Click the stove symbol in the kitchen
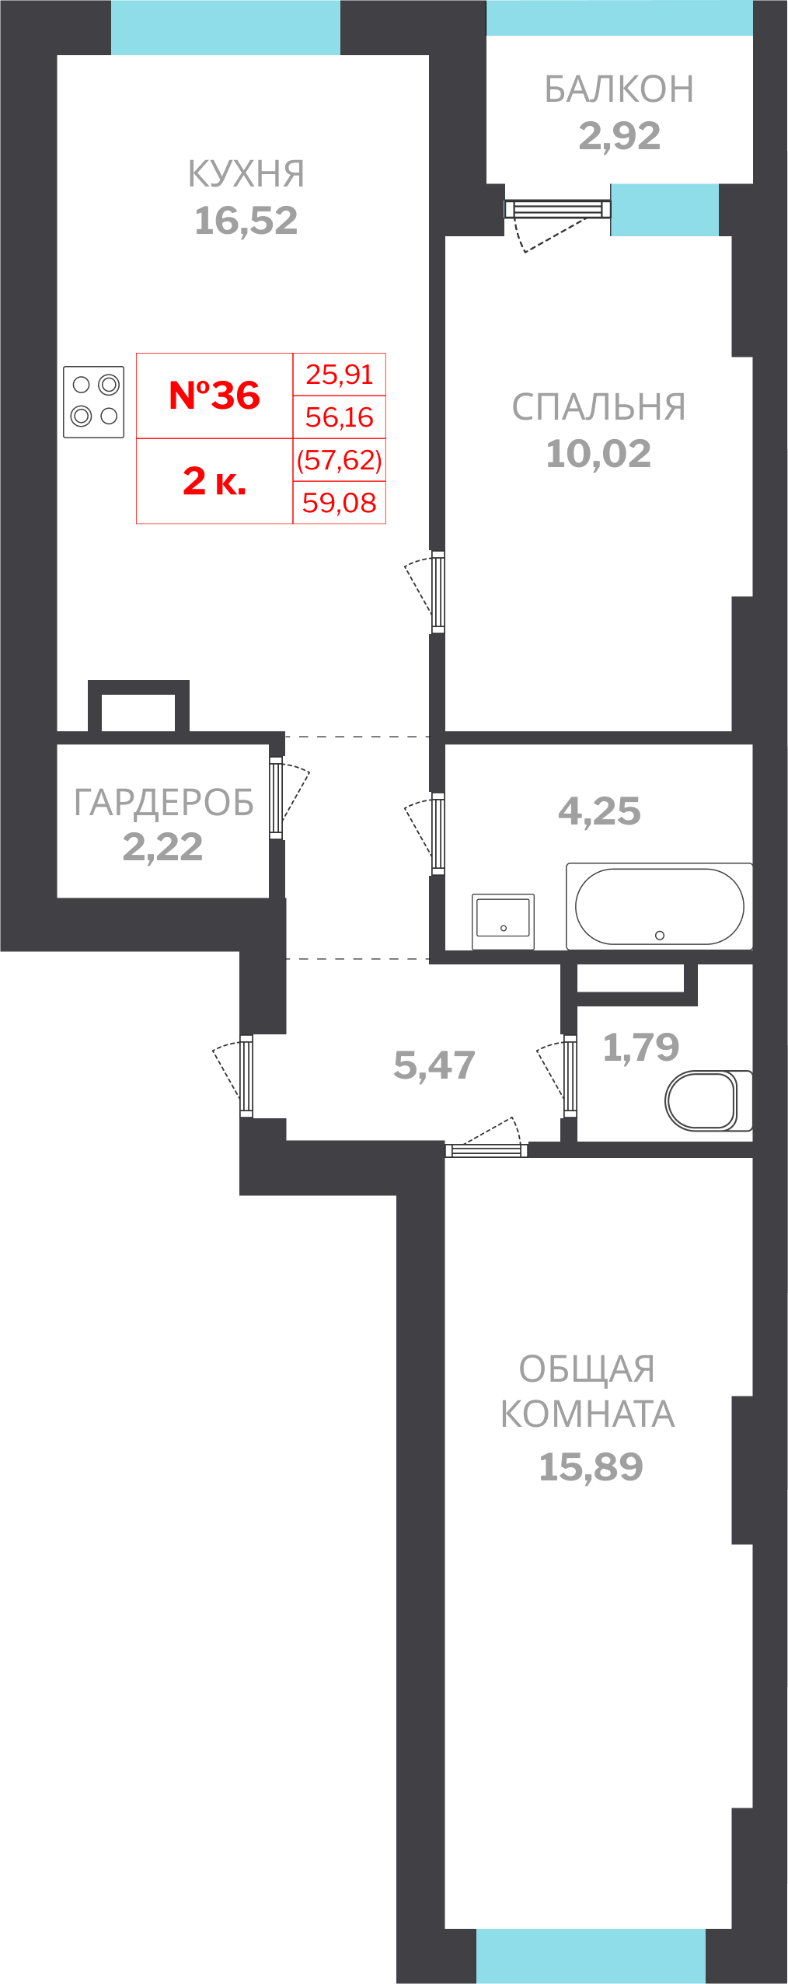click(x=94, y=402)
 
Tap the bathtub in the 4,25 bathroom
click(x=659, y=906)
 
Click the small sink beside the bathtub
click(x=503, y=920)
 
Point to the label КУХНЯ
click(x=246, y=174)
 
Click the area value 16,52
click(x=246, y=221)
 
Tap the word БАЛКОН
click(x=619, y=89)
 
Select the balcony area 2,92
click(x=619, y=136)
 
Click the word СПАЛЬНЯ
click(x=598, y=407)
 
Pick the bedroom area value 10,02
click(x=598, y=454)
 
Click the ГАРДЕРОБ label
click(x=163, y=803)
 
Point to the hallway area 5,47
click(x=434, y=1065)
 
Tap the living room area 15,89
click(x=591, y=1467)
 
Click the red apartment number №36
click(x=214, y=396)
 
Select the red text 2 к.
click(x=214, y=481)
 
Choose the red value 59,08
click(x=339, y=503)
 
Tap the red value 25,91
click(x=339, y=375)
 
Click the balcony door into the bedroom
click(x=556, y=210)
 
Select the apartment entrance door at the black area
click(x=246, y=1076)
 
